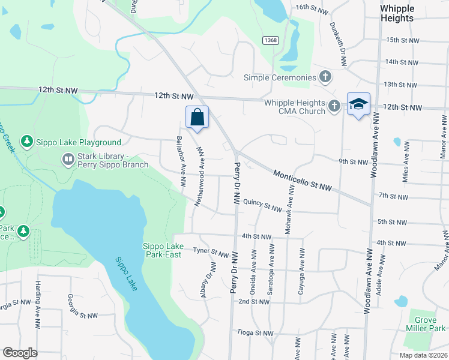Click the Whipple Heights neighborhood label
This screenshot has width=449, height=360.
[397, 13]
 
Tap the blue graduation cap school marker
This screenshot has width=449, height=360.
[358, 104]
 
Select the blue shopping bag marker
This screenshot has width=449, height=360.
[197, 118]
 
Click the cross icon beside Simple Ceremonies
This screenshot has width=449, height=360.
[325, 77]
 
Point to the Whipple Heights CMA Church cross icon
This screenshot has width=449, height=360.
[334, 107]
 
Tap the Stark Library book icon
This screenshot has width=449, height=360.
[68, 160]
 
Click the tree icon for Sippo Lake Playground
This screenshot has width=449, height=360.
[26, 142]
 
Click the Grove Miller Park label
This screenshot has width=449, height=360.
[425, 324]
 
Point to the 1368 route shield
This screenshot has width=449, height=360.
[270, 40]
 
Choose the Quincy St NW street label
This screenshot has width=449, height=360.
[263, 206]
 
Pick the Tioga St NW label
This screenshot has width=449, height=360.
[256, 333]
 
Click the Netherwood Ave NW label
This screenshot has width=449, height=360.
[200, 178]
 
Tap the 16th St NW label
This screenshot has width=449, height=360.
[313, 10]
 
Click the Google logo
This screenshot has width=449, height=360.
[20, 353]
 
